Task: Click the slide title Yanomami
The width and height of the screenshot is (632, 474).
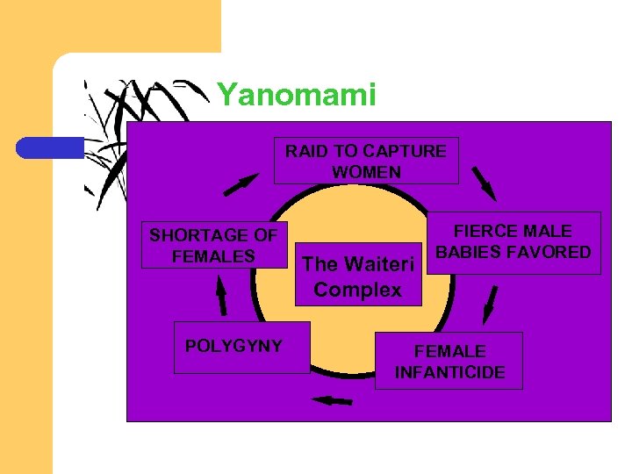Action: [296, 95]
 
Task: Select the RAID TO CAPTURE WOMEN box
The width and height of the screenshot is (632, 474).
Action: [366, 161]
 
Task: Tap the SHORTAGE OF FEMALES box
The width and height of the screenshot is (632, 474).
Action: [213, 246]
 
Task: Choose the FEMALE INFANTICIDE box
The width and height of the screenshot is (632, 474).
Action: [449, 361]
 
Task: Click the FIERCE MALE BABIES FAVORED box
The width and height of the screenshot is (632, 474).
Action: [513, 242]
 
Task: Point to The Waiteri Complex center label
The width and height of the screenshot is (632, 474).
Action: [357, 276]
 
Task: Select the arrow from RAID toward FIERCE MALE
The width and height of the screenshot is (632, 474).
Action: [484, 183]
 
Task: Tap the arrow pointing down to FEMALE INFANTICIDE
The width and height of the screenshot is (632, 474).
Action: [491, 305]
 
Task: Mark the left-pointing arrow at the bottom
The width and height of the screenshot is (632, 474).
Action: [332, 401]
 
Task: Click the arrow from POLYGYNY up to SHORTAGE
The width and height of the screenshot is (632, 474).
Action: [221, 297]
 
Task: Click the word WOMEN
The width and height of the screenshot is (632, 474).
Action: [366, 172]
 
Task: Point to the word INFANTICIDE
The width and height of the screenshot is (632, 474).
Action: [449, 372]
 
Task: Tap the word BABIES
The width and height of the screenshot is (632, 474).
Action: [467, 252]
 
